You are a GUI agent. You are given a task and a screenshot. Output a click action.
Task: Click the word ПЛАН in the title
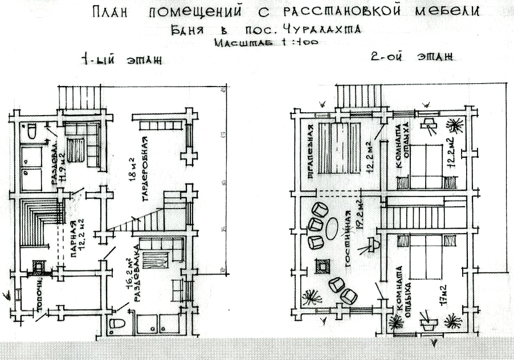(117, 13)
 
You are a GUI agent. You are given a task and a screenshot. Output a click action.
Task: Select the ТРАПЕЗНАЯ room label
(311, 152)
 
